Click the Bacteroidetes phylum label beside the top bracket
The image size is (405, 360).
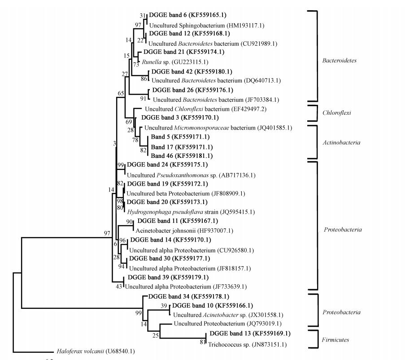point(339,60)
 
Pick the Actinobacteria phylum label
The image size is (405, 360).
point(339,143)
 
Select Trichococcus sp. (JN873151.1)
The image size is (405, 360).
point(247,344)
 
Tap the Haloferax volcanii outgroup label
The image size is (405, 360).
point(96,351)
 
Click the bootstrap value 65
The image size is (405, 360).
point(121,93)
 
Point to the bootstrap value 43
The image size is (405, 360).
point(119,286)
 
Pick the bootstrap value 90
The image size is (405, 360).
point(130,222)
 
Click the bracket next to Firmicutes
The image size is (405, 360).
point(312,339)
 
